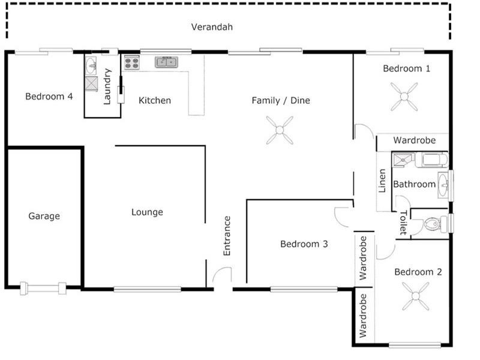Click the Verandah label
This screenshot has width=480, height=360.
(212, 27)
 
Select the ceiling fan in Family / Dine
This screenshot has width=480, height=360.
(279, 130)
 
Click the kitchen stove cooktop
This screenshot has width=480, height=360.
(131, 62)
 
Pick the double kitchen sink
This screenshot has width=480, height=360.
(166, 62)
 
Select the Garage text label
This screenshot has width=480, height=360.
(44, 216)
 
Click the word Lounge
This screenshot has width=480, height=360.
(147, 212)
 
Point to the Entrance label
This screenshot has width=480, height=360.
(227, 236)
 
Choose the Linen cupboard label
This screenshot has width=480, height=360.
(382, 181)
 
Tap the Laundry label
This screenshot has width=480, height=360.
(107, 87)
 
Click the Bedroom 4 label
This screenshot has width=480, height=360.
(49, 96)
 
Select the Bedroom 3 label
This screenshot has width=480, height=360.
(304, 244)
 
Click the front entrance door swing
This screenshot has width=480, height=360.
(222, 277)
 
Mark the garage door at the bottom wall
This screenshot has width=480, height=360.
(43, 288)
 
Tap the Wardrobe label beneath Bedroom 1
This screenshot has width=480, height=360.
(413, 140)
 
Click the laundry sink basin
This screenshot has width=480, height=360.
(91, 64)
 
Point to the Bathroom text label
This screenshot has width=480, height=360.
(414, 184)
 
